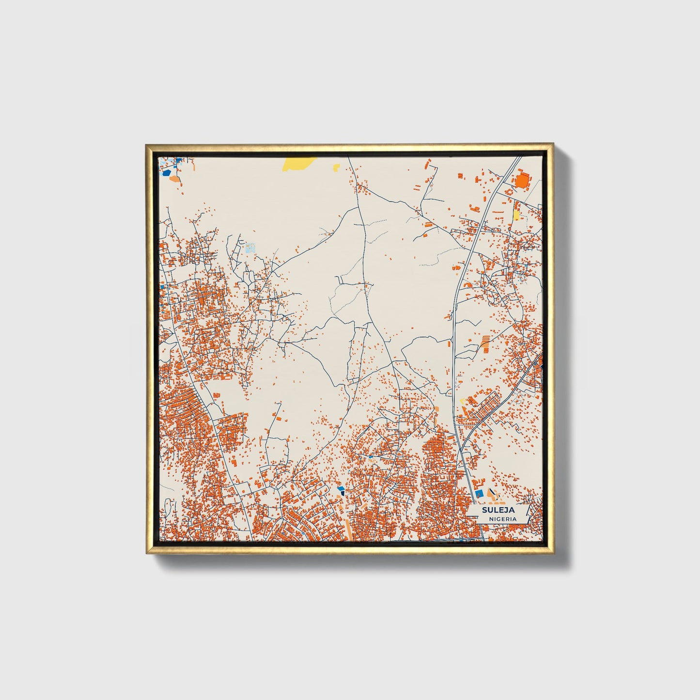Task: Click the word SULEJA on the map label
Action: (498, 510)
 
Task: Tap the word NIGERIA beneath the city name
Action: (502, 519)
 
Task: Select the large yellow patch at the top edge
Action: (298, 163)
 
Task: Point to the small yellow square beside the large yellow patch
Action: (336, 167)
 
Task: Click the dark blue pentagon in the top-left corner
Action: (167, 172)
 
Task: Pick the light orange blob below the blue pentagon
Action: (175, 179)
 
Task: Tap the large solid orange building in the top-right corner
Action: (522, 181)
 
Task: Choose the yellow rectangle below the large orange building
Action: (516, 214)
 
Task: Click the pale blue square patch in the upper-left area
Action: (250, 248)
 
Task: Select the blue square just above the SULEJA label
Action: (480, 493)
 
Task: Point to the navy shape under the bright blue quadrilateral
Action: (342, 493)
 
